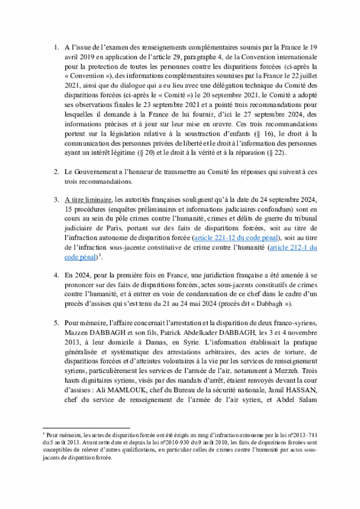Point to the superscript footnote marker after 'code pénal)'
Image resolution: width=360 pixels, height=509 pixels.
100,255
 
